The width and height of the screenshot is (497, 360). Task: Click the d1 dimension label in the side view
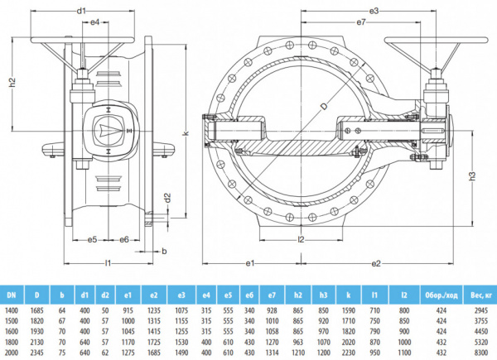pos(81,11)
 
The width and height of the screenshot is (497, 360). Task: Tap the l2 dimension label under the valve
pos(301,240)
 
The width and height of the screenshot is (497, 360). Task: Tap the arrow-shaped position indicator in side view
pos(109,129)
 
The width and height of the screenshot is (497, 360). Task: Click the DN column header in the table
pos(12,293)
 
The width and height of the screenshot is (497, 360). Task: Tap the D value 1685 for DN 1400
pos(38,307)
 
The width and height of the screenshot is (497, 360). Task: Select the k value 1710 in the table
pos(350,318)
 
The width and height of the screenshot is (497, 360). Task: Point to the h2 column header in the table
pos(297,293)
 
